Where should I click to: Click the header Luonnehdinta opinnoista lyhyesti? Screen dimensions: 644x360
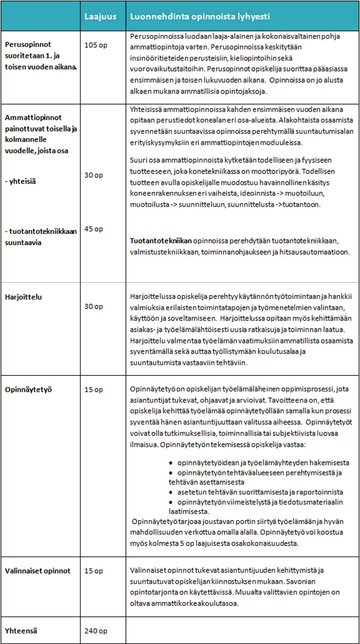tap(199, 16)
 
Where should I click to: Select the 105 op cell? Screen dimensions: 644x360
tap(96, 45)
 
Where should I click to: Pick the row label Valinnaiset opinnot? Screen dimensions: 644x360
tap(38, 571)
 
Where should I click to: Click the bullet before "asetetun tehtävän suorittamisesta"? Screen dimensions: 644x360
tap(171, 492)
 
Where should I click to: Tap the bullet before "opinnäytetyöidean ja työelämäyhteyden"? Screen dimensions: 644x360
tap(171, 462)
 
